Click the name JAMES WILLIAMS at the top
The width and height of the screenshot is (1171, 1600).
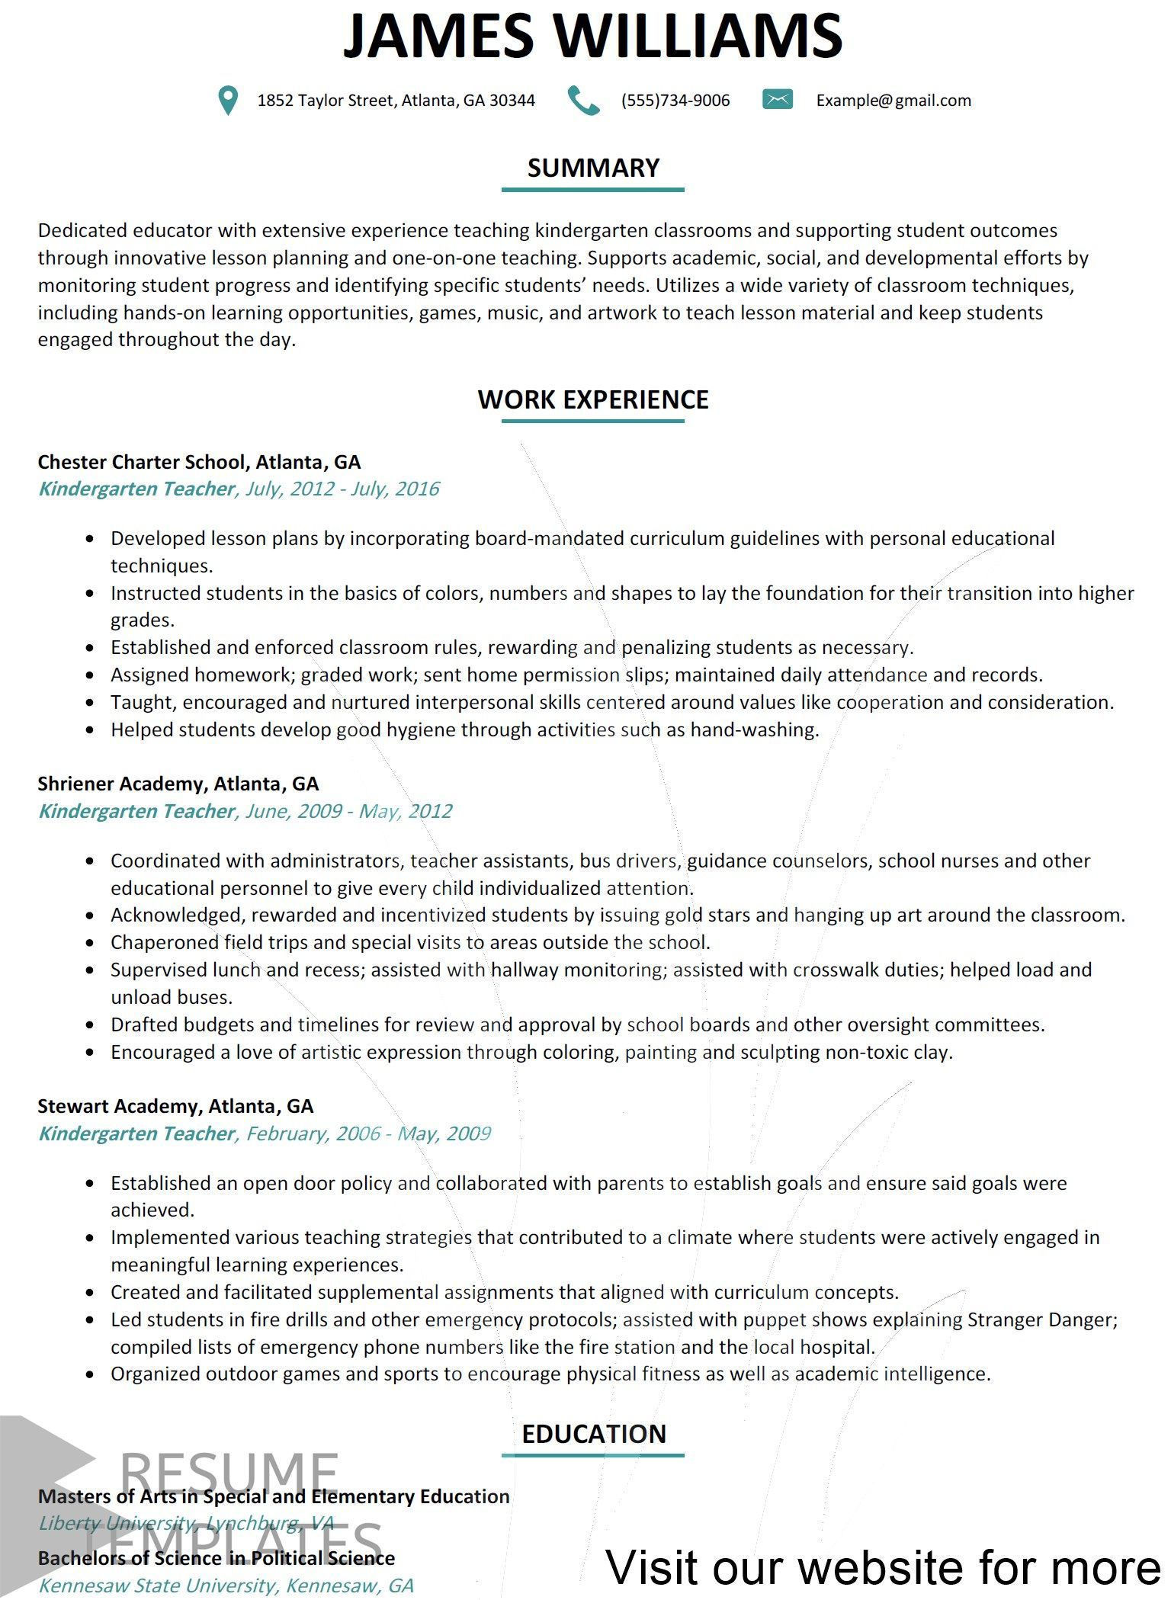point(592,36)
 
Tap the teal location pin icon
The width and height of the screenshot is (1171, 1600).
point(227,100)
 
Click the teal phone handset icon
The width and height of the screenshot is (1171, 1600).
point(584,100)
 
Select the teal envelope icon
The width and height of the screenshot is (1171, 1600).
point(777,99)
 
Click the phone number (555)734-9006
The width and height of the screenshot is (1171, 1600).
point(675,101)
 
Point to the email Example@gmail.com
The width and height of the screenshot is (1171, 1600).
point(893,101)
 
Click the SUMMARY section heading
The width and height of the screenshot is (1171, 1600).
point(593,168)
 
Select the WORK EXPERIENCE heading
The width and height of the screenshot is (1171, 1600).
point(592,399)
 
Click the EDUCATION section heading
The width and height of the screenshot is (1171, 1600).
point(593,1434)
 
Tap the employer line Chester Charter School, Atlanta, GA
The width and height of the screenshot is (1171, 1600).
point(199,462)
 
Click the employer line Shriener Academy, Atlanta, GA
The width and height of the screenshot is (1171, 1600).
point(178,784)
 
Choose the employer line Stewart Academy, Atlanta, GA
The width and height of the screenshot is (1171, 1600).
point(175,1106)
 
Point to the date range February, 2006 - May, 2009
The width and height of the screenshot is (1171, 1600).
point(368,1133)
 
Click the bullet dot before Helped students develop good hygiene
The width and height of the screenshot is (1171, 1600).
point(91,730)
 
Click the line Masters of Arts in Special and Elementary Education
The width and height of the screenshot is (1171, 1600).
point(274,1496)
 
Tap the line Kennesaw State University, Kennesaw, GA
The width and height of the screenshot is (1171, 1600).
point(226,1586)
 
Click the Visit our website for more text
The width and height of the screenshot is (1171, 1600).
point(883,1567)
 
